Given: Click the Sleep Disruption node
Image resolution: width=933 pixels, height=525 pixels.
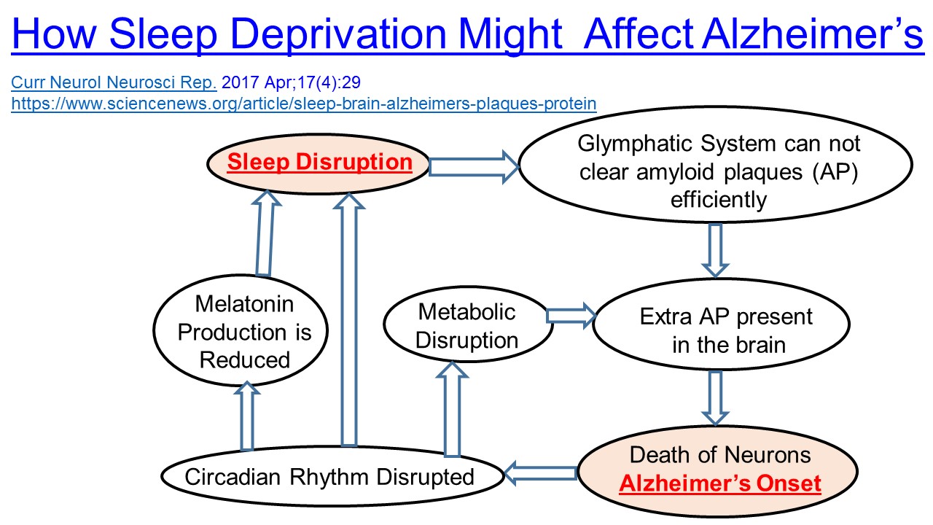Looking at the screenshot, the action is coord(319,162).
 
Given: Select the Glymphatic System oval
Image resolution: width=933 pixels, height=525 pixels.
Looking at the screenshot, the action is coord(714,171).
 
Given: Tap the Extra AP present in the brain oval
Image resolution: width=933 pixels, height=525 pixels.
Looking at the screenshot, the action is coord(725,330).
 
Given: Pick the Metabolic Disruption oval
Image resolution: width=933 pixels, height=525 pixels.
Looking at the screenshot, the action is coord(466,327).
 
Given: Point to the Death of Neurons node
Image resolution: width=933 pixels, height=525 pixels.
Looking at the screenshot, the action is coord(720,468).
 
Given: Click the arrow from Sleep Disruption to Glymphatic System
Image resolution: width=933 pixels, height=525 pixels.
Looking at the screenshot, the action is coord(473,167).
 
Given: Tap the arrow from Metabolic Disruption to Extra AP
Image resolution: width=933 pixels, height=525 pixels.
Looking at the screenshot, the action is coord(571,314).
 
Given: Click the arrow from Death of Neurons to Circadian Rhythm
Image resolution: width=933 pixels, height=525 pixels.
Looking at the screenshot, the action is coord(541,473).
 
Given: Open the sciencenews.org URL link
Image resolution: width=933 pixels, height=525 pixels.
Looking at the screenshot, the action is coord(303,104).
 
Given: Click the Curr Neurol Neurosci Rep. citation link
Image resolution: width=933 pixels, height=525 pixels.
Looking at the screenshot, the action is coord(114,82).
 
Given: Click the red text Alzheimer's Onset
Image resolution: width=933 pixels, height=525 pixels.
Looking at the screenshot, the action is coord(720,483).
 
